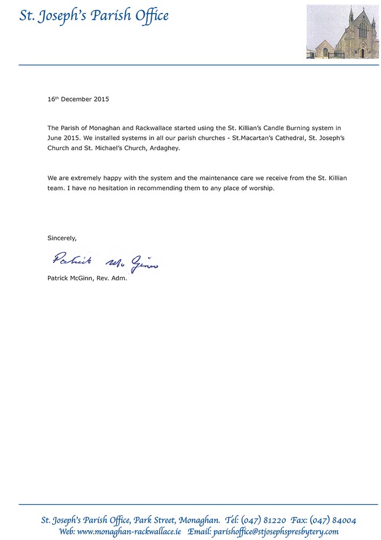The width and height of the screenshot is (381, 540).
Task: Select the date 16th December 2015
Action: (78, 99)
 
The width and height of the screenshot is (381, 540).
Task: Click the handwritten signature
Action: (105, 261)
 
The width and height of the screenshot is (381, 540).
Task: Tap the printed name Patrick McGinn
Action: (70, 279)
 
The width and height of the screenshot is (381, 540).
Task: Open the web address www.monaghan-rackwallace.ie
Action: (129, 531)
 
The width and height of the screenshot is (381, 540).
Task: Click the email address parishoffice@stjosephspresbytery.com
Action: (276, 531)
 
